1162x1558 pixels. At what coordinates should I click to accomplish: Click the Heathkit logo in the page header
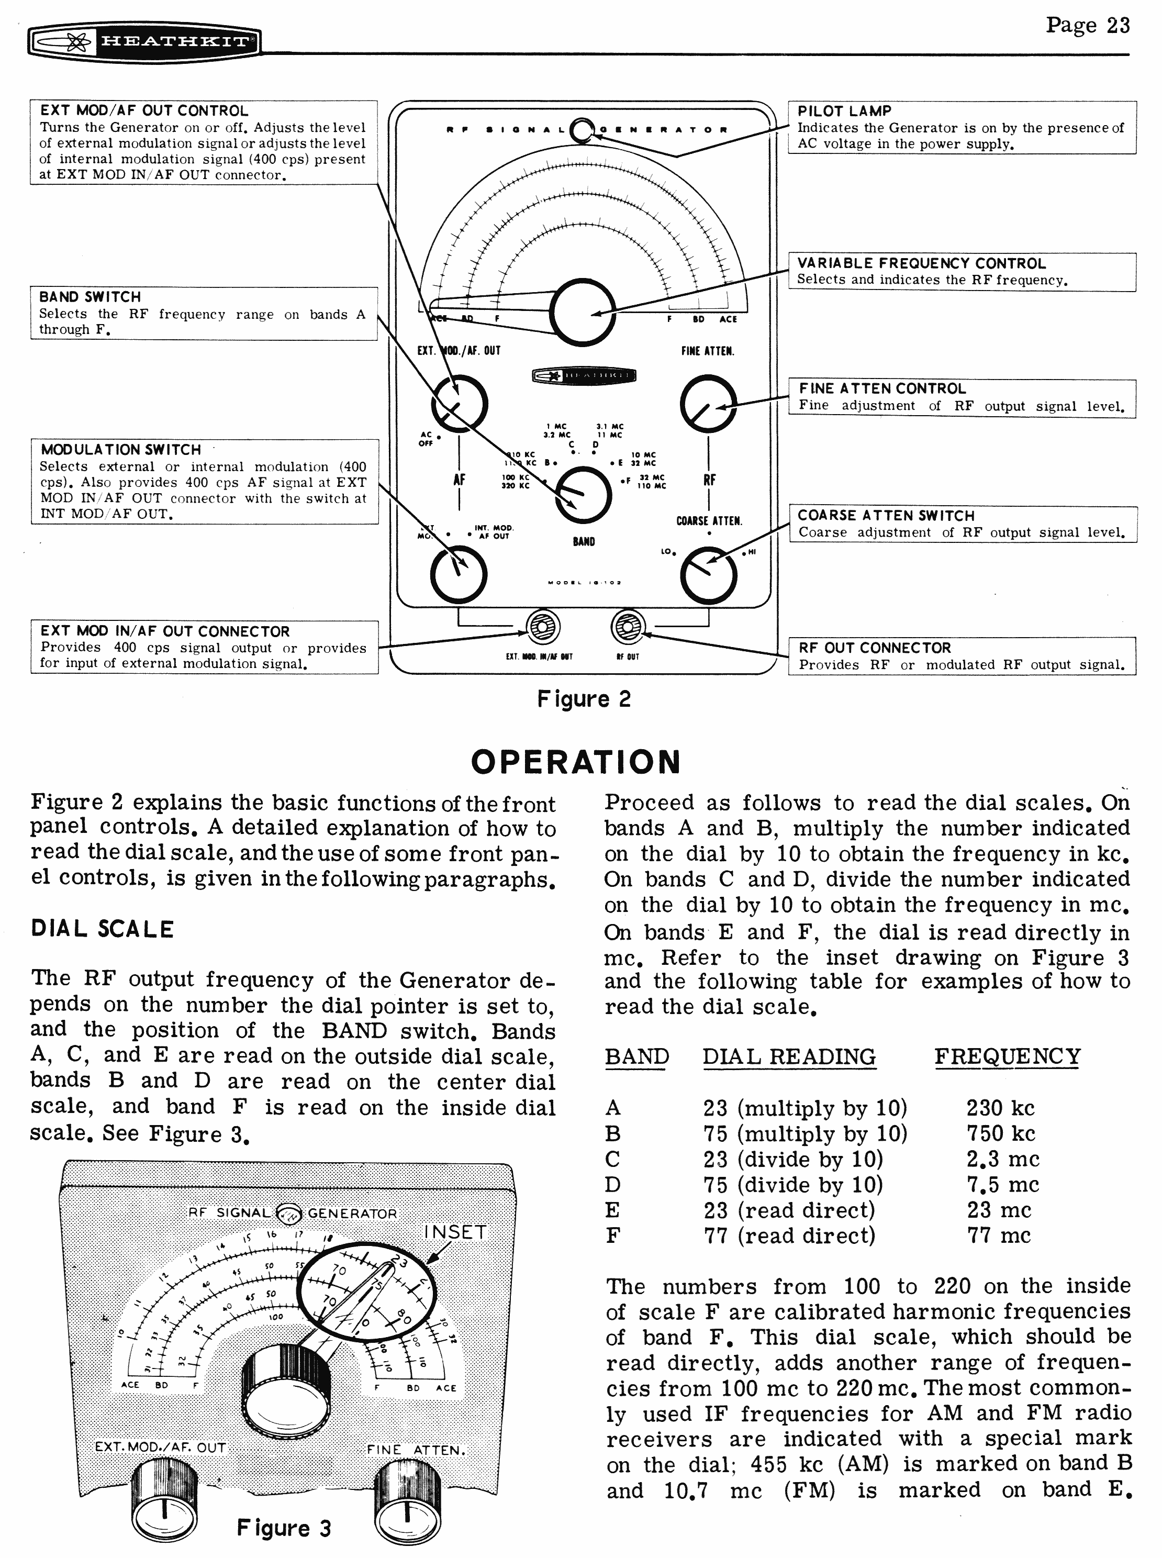143,42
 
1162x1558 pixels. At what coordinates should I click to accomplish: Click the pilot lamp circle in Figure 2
583,131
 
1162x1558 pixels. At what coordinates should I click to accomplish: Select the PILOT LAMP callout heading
844,111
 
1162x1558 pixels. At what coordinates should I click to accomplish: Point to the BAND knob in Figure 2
583,495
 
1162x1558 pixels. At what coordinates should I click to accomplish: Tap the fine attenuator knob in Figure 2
708,404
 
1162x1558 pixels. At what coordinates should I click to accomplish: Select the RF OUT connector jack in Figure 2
627,627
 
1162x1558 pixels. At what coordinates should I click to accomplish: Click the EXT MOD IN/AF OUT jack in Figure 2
543,627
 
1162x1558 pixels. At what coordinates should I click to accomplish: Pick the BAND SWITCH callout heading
90,297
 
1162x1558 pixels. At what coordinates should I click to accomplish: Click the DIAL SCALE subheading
102,929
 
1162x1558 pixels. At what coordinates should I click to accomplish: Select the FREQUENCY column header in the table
1007,1056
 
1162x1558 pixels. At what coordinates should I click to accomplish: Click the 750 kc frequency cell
1000,1133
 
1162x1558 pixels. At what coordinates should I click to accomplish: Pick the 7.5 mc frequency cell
1002,1185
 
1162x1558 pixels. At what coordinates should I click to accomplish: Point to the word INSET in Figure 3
455,1232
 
